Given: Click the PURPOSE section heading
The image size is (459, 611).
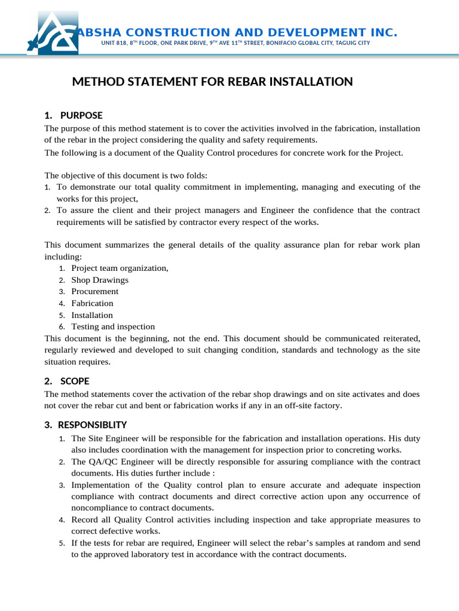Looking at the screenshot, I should point(81,115).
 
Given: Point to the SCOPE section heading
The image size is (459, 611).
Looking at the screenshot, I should point(75,381).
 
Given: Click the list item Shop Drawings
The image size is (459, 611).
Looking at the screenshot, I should point(100,280).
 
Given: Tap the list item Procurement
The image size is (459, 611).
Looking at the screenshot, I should point(95,291).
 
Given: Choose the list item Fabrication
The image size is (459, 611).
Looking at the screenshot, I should point(92,303).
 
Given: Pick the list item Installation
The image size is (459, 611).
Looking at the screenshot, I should point(92,315).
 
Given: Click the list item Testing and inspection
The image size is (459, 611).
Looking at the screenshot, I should point(113,326).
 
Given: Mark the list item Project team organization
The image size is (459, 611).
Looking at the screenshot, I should point(120,268).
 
